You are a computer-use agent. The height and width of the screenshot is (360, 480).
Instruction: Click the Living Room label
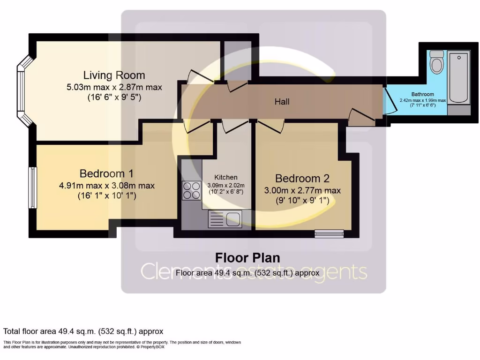[114, 75]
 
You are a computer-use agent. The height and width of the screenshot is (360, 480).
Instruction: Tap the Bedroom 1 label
[106, 173]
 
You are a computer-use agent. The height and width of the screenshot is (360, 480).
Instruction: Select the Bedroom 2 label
[302, 178]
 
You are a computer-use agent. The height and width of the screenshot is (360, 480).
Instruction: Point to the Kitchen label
[226, 177]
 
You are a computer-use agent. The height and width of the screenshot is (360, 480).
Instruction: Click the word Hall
[282, 102]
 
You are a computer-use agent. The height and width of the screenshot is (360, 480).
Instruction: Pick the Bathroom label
[422, 94]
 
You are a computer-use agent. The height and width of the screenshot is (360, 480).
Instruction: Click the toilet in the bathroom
[436, 61]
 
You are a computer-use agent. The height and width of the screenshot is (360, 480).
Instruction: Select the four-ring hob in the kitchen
[191, 190]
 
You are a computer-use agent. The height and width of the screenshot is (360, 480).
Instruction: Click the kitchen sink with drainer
[225, 219]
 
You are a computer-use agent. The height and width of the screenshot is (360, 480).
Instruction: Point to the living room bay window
[24, 90]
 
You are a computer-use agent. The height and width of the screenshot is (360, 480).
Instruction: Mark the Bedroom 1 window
[32, 187]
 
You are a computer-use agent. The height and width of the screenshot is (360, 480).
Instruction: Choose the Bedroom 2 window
[329, 234]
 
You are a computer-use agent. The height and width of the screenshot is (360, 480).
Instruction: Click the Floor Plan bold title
[247, 258]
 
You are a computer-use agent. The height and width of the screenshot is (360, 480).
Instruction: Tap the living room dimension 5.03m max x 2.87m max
[114, 87]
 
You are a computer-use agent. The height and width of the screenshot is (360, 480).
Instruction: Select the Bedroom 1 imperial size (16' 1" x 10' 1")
[107, 195]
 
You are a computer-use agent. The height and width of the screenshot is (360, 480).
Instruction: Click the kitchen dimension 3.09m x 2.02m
[226, 185]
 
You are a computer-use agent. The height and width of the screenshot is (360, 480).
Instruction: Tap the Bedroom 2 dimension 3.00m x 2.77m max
[302, 190]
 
